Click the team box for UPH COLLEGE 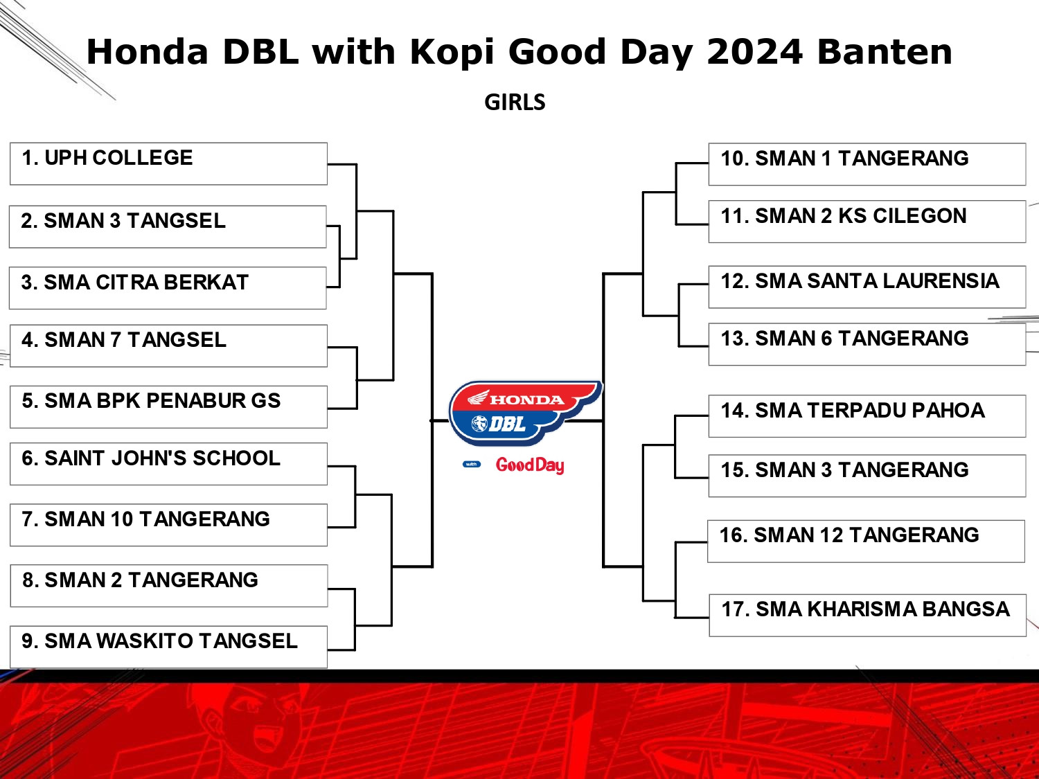pos(168,163)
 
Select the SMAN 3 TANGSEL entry pos(168,226)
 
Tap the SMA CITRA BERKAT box pos(168,288)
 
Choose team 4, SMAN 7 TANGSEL pos(168,346)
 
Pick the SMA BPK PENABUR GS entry pos(168,406)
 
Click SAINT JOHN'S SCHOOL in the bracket pos(168,464)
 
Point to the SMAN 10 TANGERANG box pos(168,525)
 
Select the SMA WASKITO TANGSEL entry pos(168,647)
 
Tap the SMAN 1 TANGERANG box pos(867,164)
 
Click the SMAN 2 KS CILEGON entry pos(867,222)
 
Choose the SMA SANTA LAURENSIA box pos(867,287)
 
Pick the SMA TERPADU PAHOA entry pos(867,416)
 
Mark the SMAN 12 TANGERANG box pos(867,541)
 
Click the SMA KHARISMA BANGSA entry pos(868,616)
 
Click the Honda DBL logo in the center pos(524,413)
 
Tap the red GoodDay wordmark pos(530,465)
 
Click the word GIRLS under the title pos(515,102)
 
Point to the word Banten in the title pos(885,51)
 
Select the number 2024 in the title pos(754,51)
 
